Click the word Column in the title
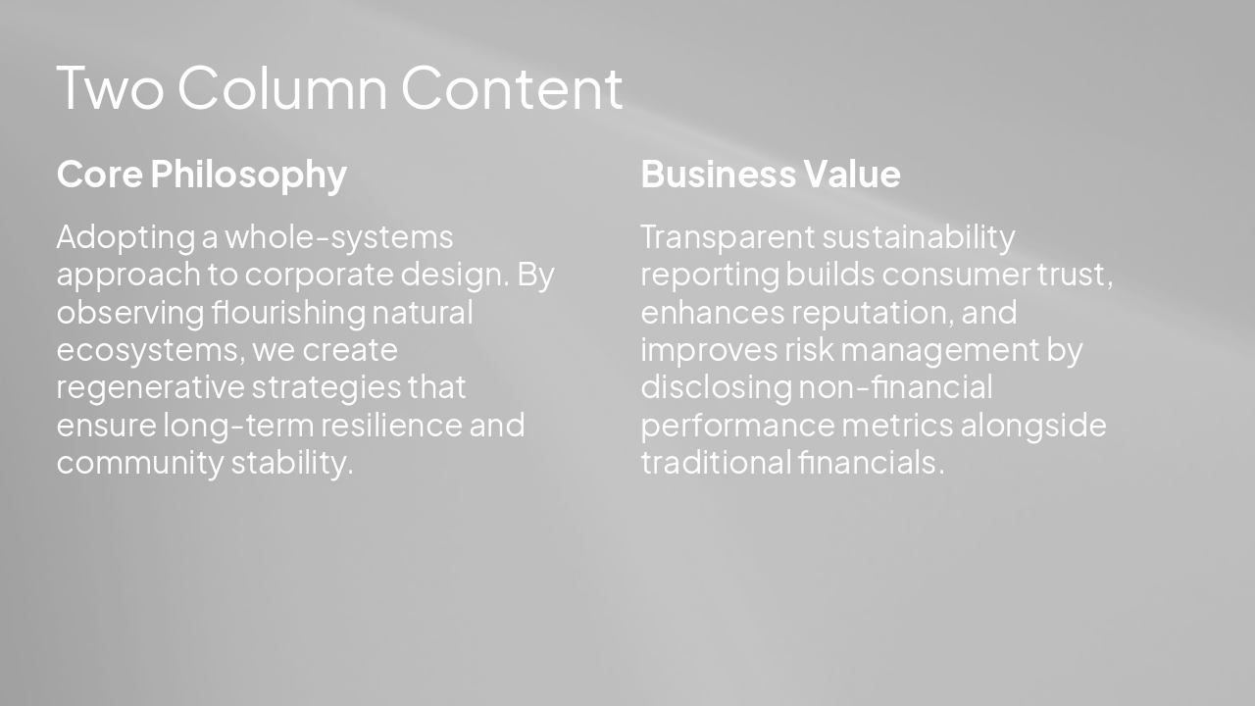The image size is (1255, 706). click(283, 88)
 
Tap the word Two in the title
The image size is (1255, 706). click(111, 88)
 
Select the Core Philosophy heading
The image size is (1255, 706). click(201, 175)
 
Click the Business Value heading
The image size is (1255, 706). click(770, 175)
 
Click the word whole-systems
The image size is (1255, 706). click(339, 237)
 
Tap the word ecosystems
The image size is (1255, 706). click(145, 350)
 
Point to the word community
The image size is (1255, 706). click(139, 463)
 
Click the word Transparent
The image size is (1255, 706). click(727, 237)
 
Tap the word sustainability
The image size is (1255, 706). click(918, 237)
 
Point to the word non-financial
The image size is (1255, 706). click(895, 387)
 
